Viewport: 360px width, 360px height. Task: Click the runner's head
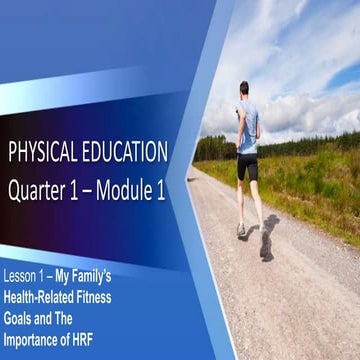[244, 90]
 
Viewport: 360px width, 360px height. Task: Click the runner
[249, 160]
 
